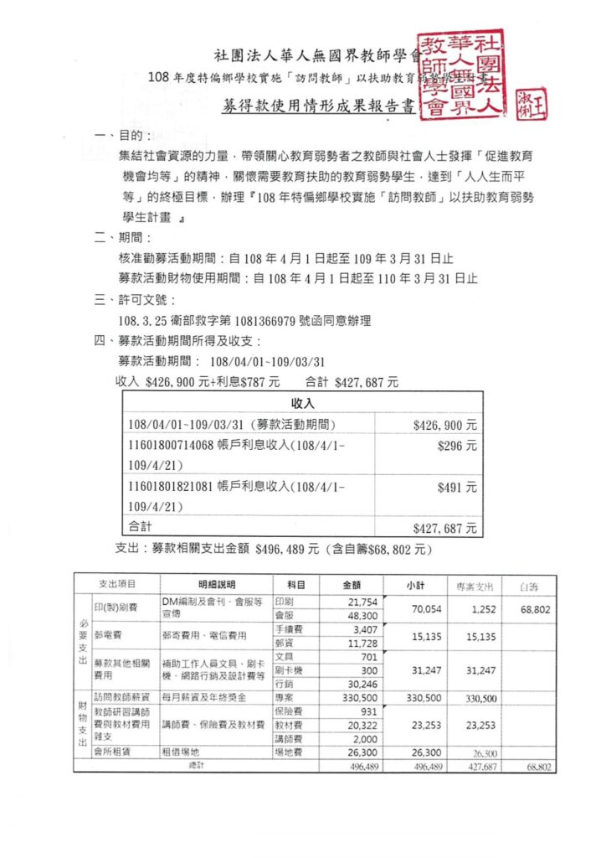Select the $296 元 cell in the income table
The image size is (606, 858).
click(x=457, y=447)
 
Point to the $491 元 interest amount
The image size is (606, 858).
click(x=457, y=486)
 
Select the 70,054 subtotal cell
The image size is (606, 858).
click(x=426, y=611)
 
